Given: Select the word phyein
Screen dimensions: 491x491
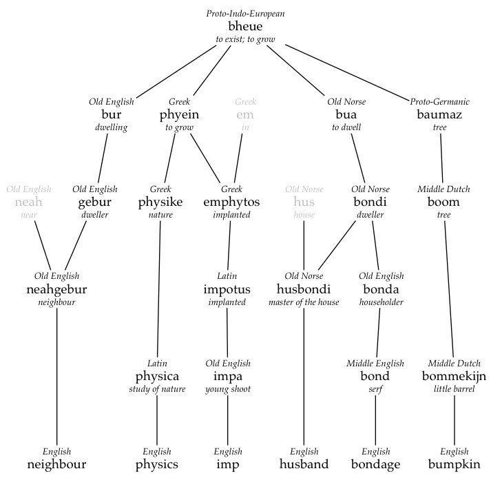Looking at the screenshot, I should (x=179, y=114).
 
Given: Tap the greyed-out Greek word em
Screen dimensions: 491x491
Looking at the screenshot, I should (x=244, y=114).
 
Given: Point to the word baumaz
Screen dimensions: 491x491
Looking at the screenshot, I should (x=439, y=114).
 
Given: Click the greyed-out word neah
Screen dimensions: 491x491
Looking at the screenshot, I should (x=28, y=202).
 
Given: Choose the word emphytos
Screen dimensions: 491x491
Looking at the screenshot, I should (x=231, y=202).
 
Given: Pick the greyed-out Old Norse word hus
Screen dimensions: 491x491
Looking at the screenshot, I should (x=304, y=202).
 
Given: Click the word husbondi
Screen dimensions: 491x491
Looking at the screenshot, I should (x=304, y=289).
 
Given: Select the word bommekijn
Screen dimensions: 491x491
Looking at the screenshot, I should (x=454, y=377).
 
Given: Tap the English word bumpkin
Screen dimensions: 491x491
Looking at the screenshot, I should (x=454, y=464).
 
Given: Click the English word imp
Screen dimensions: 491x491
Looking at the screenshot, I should (x=227, y=464).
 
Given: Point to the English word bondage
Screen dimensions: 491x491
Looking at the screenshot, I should (x=375, y=464).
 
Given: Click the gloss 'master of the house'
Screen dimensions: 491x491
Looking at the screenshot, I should (x=304, y=302).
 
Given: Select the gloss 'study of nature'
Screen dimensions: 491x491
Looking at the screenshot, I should (x=157, y=389).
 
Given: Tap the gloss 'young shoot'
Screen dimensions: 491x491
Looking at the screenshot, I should (x=227, y=389).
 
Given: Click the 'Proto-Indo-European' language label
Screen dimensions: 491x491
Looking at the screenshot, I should (x=245, y=14).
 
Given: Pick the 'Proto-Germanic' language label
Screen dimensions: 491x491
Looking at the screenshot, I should (x=439, y=102).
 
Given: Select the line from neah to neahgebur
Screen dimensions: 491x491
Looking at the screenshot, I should (x=43, y=244).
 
